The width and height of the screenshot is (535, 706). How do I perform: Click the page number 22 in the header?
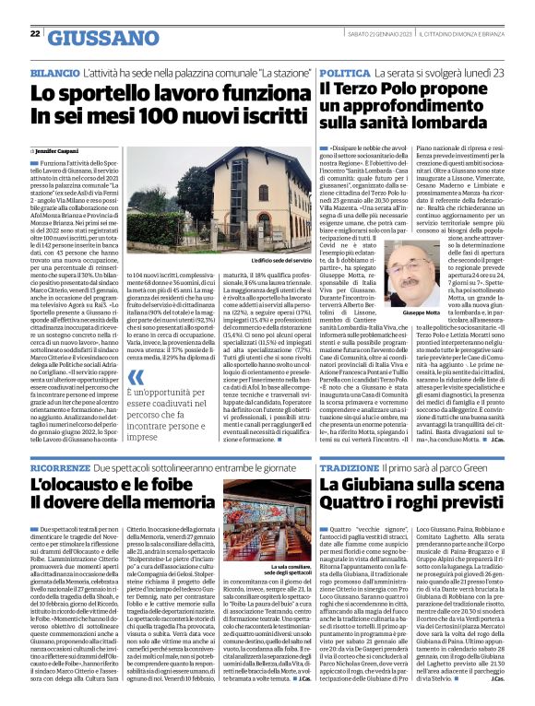[x=35, y=34]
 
